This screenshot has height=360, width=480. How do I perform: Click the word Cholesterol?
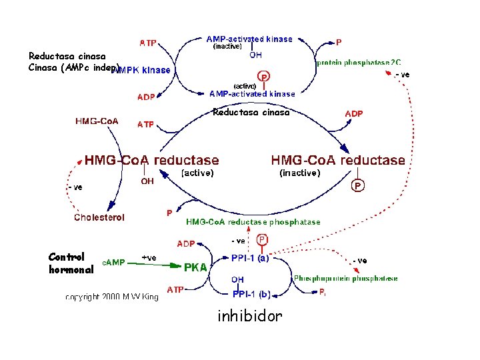[x=99, y=217]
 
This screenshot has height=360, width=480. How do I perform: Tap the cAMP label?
[x=113, y=262]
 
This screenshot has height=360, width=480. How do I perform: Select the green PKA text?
[x=195, y=268]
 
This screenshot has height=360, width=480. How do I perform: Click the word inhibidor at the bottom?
[x=249, y=316]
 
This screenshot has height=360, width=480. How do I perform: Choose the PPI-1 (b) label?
[x=250, y=294]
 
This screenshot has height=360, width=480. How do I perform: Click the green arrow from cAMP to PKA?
[x=153, y=265]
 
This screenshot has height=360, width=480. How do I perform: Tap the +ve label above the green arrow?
[x=149, y=257]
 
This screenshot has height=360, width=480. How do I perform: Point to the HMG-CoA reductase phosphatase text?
[x=253, y=222]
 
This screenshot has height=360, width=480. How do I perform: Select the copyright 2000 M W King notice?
[x=112, y=297]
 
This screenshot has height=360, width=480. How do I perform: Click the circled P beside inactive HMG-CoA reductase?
[x=358, y=186]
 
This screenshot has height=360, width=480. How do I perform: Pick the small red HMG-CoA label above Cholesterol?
[x=97, y=121]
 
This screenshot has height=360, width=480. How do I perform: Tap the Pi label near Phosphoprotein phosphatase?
[x=322, y=292]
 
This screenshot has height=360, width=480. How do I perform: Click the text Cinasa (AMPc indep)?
[x=73, y=67]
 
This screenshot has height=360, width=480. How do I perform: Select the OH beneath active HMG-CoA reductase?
[x=148, y=181]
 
